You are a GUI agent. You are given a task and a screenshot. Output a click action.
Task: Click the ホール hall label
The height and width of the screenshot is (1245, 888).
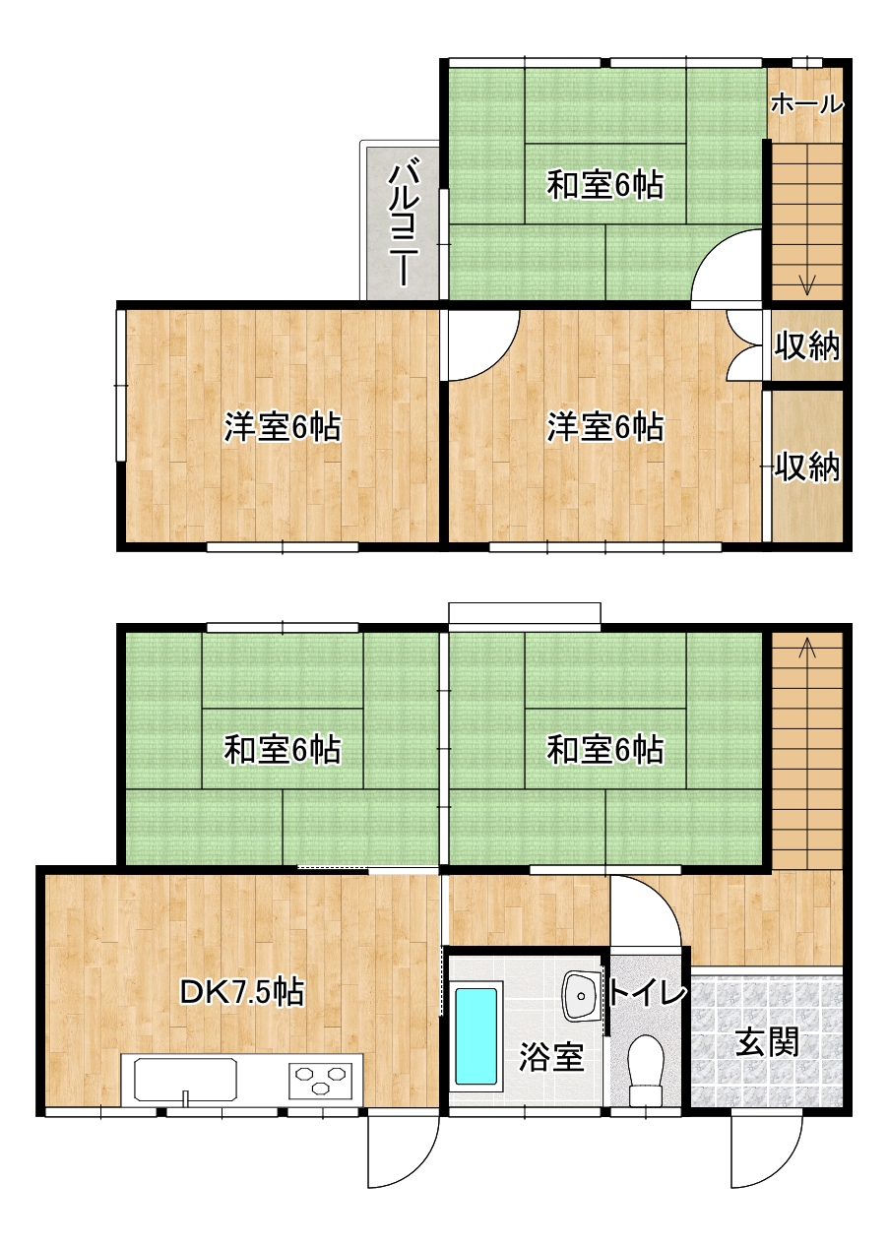click(x=806, y=104)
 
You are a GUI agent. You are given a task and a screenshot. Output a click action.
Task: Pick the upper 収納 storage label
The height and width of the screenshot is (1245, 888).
click(x=807, y=344)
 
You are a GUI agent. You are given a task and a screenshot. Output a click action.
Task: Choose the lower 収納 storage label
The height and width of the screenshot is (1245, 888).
click(x=807, y=466)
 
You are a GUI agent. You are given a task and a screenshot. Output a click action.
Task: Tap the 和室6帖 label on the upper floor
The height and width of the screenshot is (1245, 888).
click(x=605, y=185)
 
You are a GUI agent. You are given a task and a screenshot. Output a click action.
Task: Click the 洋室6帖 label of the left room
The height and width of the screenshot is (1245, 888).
click(x=283, y=426)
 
